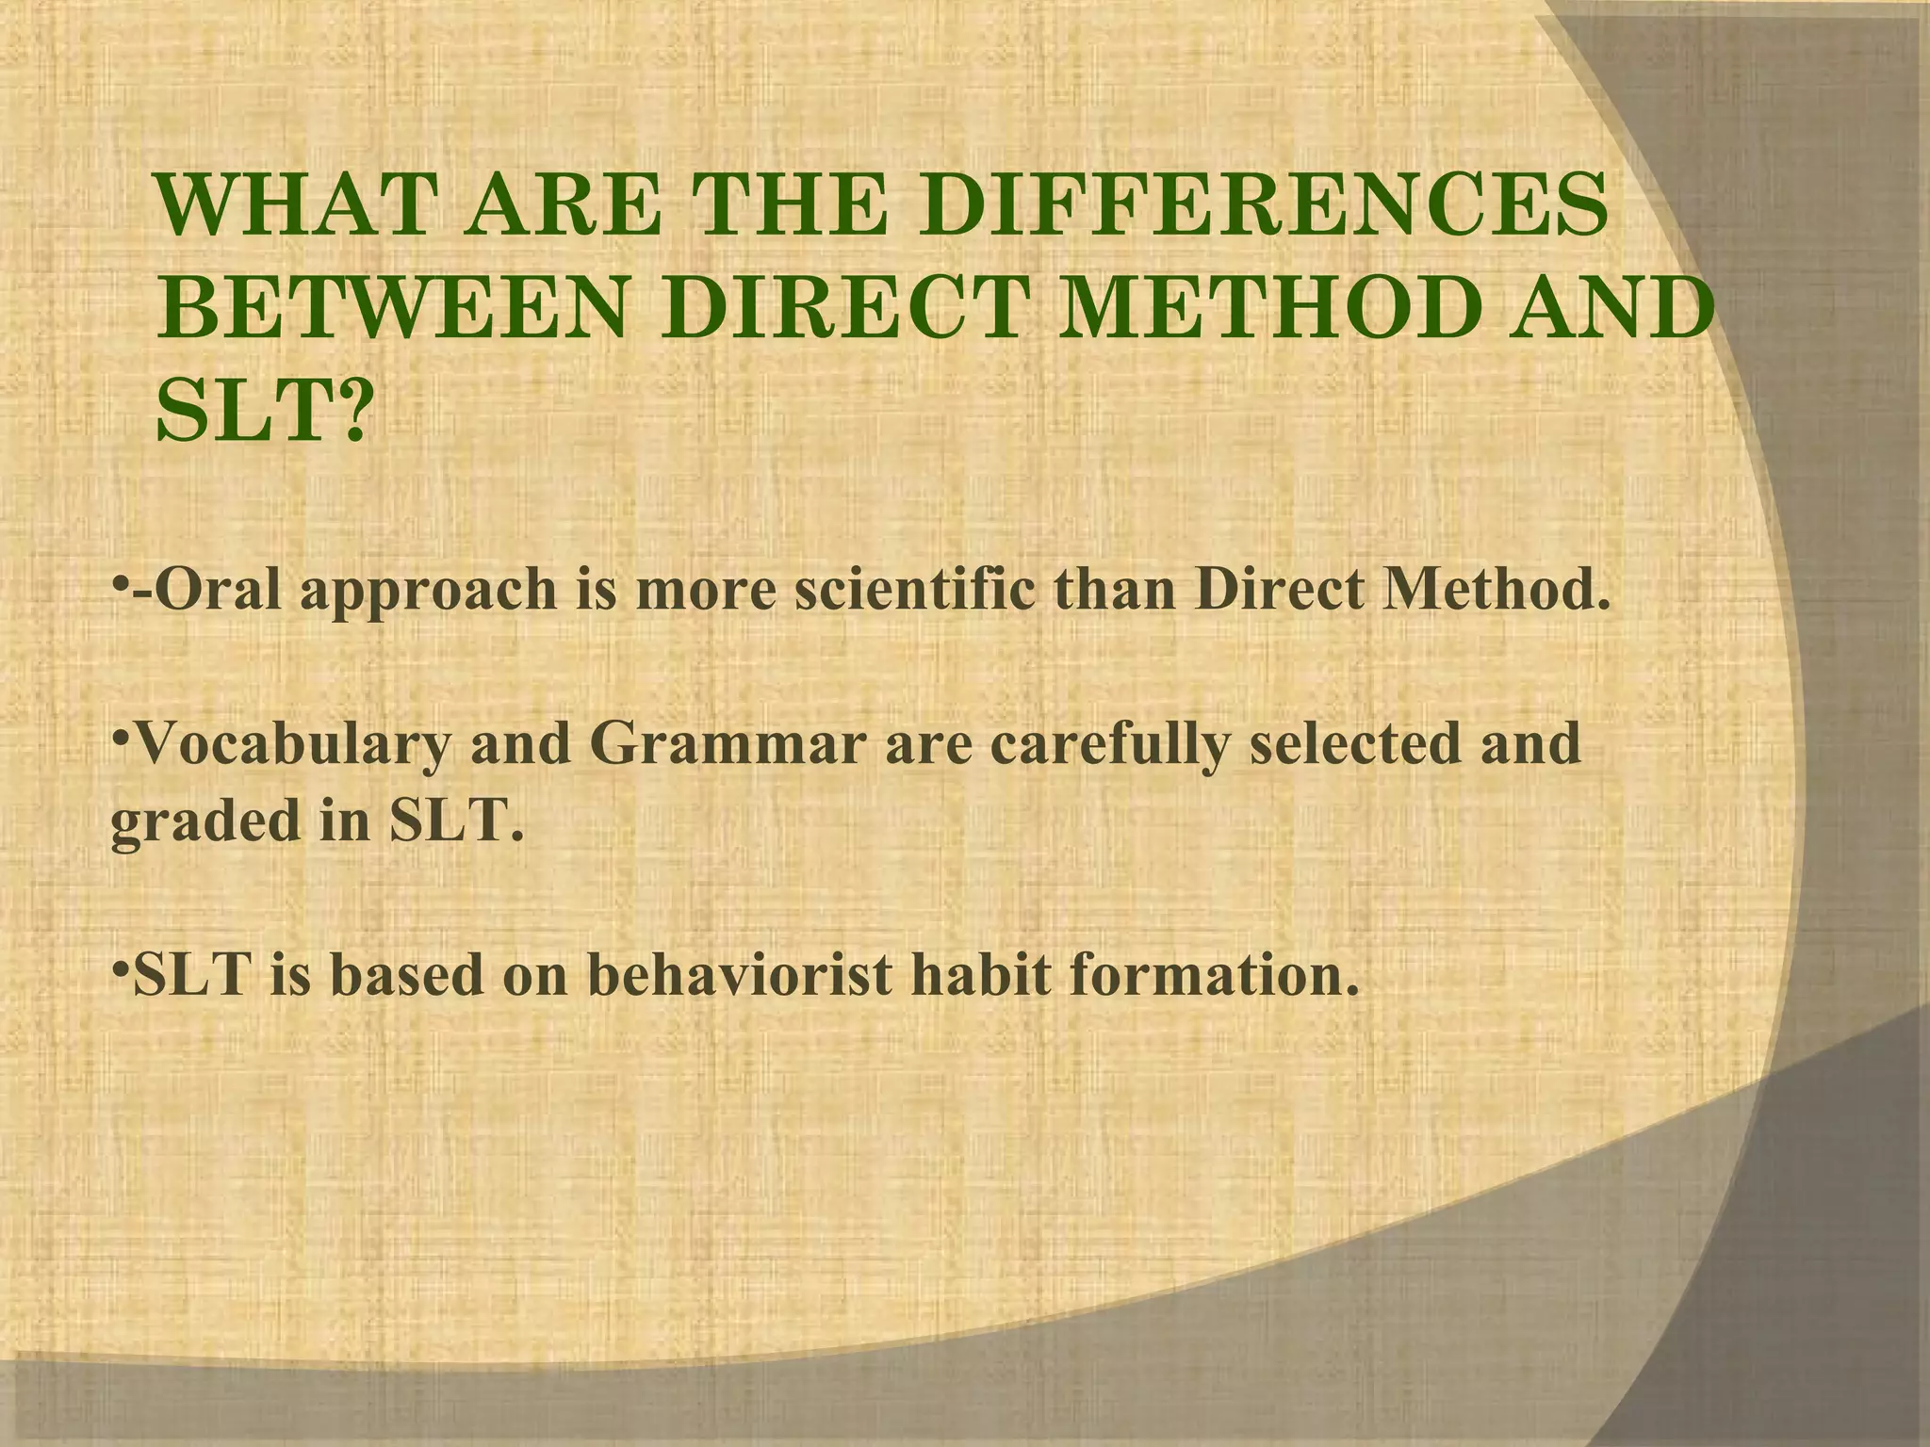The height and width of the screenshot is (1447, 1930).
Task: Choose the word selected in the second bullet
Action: [x=1370, y=744]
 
